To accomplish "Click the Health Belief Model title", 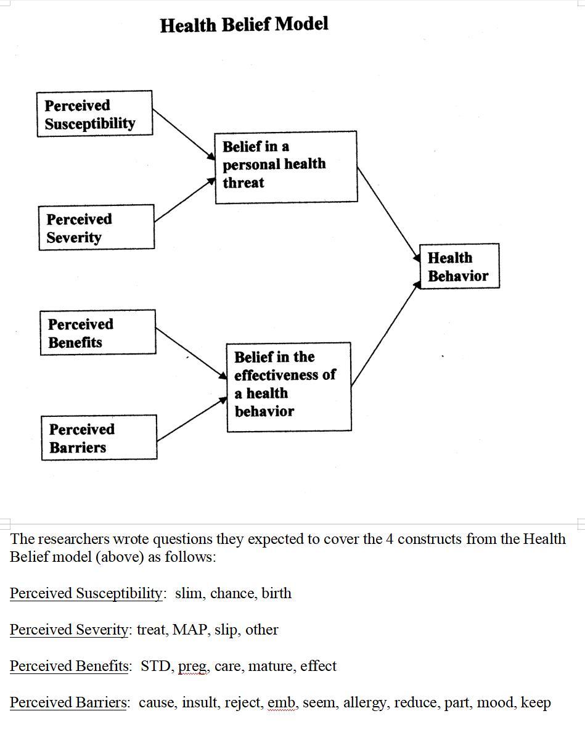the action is tap(244, 25).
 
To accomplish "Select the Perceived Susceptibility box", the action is tap(94, 113).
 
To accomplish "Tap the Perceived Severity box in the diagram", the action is tap(96, 228).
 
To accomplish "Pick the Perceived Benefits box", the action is tap(97, 332).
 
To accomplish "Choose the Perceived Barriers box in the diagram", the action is tap(99, 437).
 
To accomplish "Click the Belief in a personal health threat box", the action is tap(285, 167).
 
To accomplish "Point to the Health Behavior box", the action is tap(459, 266).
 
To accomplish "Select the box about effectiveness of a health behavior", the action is tap(288, 387).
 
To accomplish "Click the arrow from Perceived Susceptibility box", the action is tap(183, 134).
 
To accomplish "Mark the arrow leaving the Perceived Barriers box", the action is tap(192, 419).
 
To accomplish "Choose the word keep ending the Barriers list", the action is tap(536, 703).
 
